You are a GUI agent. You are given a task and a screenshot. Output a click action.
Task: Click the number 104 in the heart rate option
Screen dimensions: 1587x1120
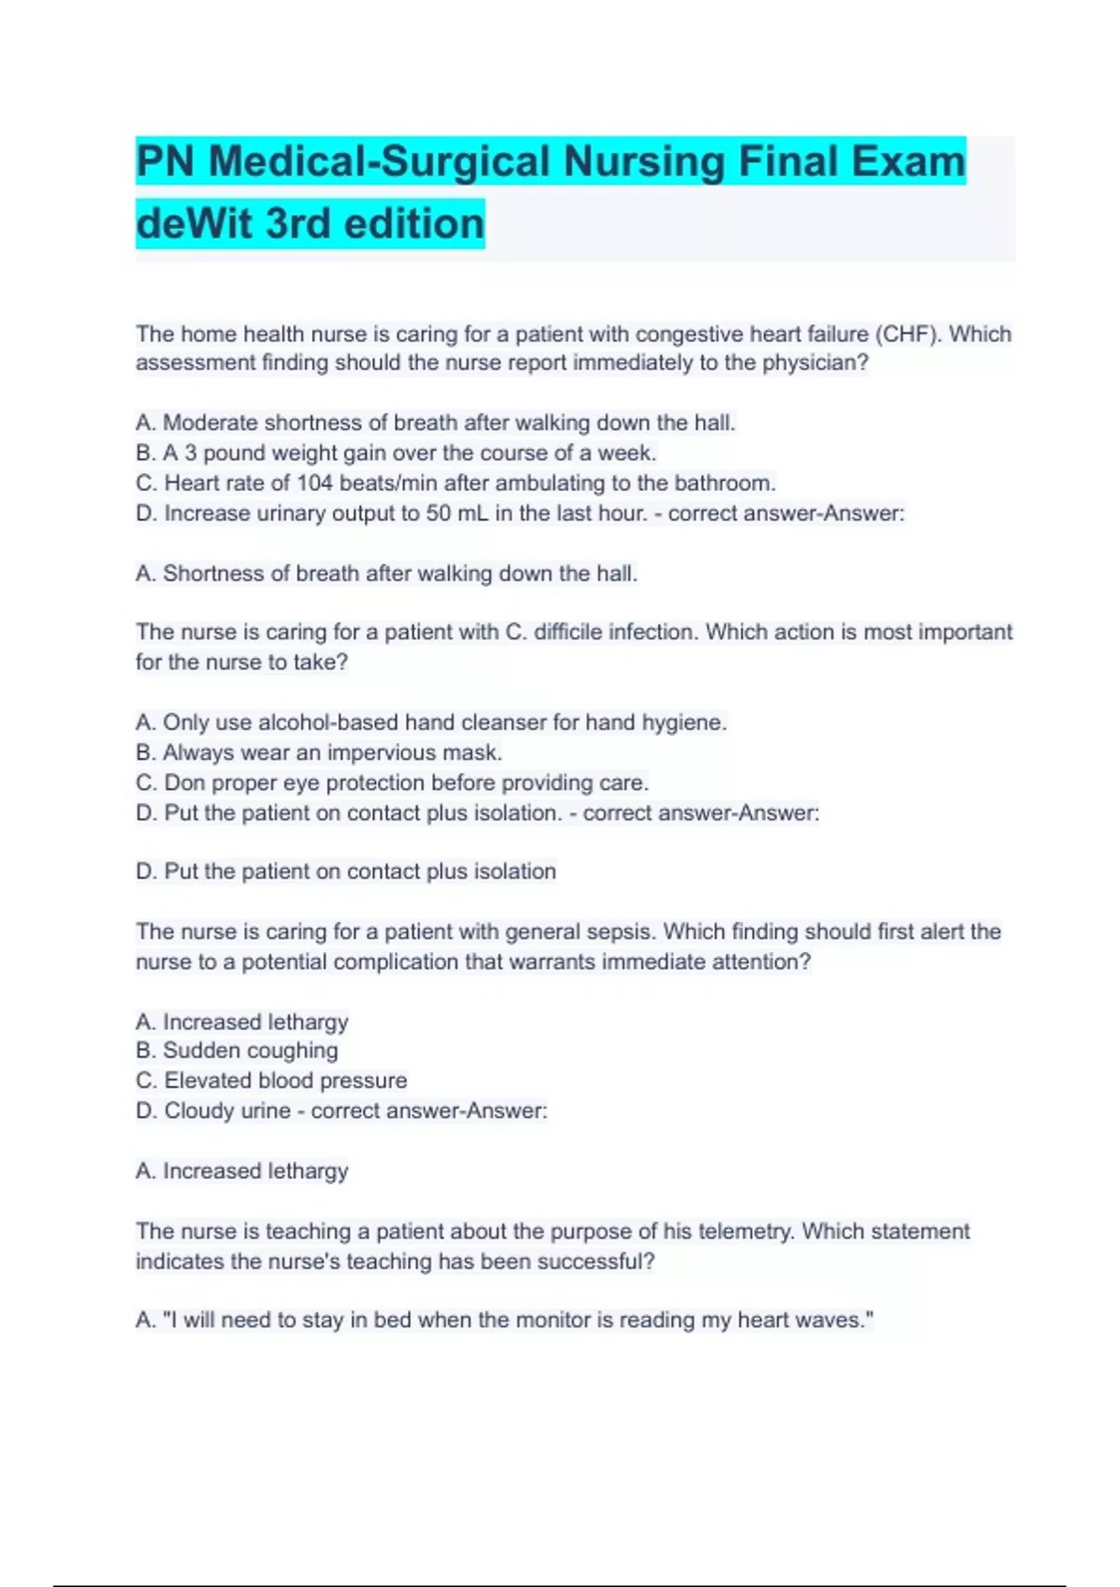tap(315, 484)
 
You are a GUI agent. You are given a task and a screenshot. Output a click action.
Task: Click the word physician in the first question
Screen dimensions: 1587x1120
tap(811, 363)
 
